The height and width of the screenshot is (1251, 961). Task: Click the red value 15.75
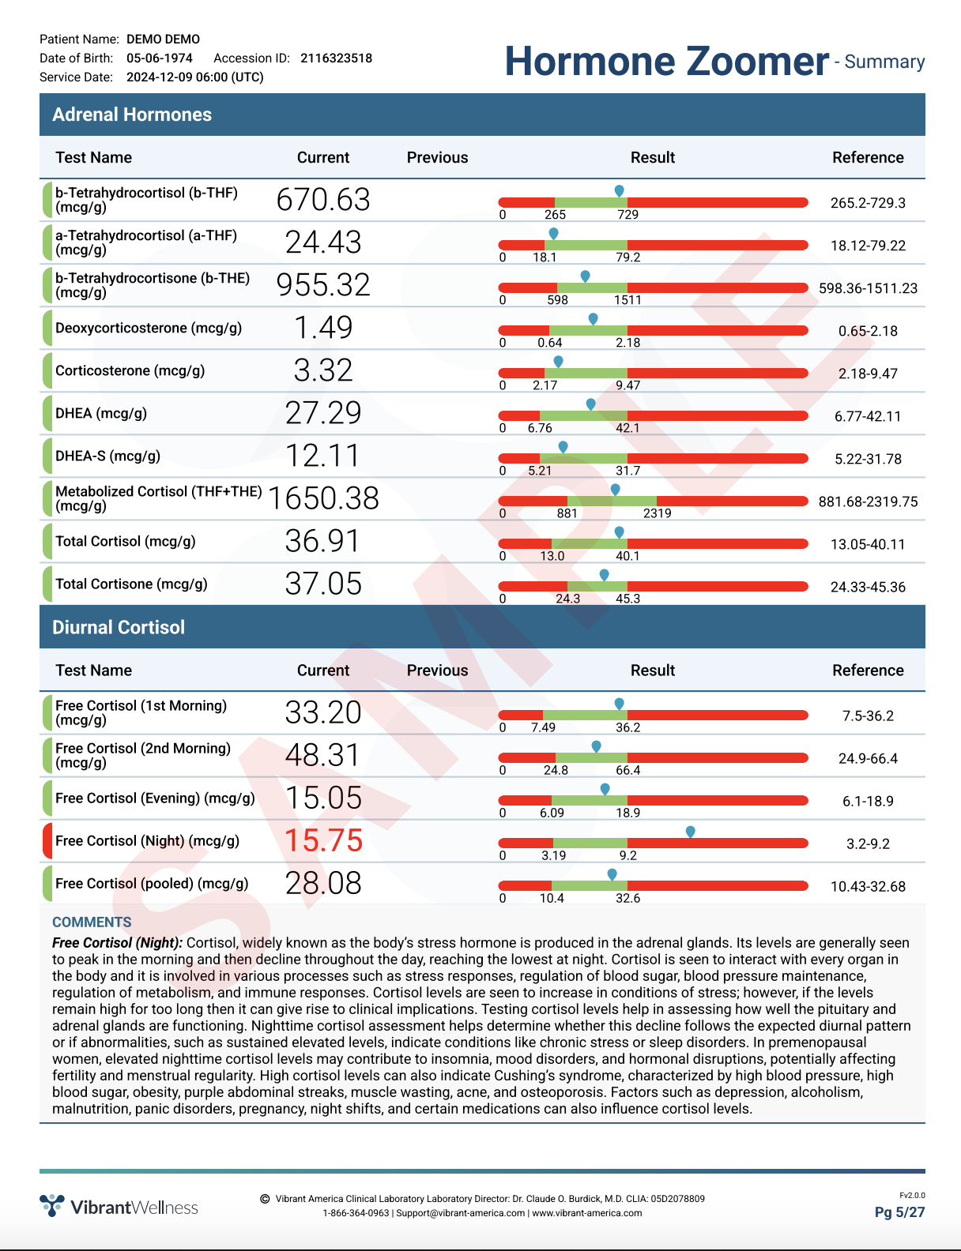pyautogui.click(x=323, y=840)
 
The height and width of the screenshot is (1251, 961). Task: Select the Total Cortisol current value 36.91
pyautogui.click(x=322, y=541)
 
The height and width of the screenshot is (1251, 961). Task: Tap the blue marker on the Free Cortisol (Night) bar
pyautogui.click(x=691, y=832)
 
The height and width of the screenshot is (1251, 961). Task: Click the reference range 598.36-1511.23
pyautogui.click(x=868, y=288)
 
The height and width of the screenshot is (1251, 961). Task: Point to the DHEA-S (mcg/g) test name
pyautogui.click(x=107, y=456)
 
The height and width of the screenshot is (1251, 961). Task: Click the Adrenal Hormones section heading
pyautogui.click(x=132, y=115)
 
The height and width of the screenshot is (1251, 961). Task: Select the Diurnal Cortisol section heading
pyautogui.click(x=119, y=627)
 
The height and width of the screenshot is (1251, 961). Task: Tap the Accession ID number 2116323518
pyautogui.click(x=336, y=58)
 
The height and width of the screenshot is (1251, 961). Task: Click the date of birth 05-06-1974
pyautogui.click(x=160, y=58)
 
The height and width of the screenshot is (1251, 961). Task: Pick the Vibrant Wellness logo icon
pyautogui.click(x=52, y=1205)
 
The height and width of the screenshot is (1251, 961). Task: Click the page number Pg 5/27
pyautogui.click(x=899, y=1212)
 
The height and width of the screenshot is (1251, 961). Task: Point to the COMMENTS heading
pyautogui.click(x=92, y=922)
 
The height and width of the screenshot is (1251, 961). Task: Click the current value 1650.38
pyautogui.click(x=323, y=498)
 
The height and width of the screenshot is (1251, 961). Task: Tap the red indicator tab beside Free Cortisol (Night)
pyautogui.click(x=47, y=841)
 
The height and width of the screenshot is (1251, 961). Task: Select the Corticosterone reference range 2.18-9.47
pyautogui.click(x=868, y=374)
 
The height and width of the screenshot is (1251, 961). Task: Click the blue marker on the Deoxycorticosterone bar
pyautogui.click(x=594, y=319)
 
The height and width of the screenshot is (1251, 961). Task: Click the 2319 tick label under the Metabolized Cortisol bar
pyautogui.click(x=657, y=513)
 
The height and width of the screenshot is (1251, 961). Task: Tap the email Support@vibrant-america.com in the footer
pyautogui.click(x=461, y=1213)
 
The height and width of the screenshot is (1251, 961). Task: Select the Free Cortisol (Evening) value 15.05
pyautogui.click(x=323, y=798)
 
